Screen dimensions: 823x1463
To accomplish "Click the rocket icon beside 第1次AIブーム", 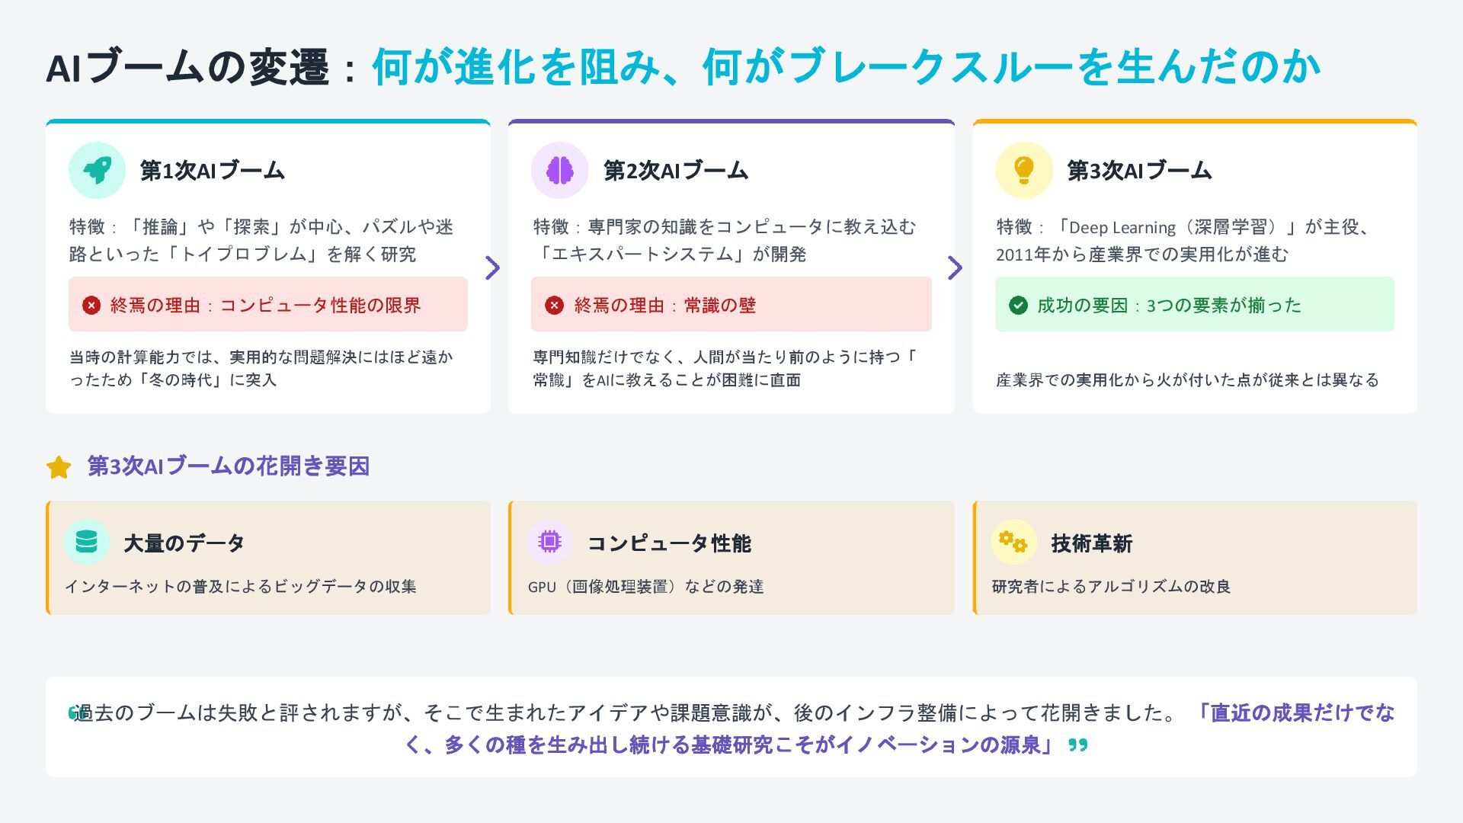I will (97, 170).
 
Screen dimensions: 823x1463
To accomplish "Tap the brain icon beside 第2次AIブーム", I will (559, 170).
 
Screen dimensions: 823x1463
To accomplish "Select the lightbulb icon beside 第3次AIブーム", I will (1024, 170).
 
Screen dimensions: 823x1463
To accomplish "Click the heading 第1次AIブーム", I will (212, 171).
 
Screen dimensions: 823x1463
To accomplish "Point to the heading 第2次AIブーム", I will (675, 171).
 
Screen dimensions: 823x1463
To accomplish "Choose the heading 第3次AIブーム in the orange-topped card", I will (1138, 171).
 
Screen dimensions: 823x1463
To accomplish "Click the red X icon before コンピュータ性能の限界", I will (91, 306).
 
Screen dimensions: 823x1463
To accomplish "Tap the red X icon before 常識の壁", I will (554, 306).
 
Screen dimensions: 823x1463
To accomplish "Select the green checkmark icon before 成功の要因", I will (1018, 306).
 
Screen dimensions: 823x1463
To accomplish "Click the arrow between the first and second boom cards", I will (493, 267).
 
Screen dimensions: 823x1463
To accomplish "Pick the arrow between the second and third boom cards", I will (956, 267).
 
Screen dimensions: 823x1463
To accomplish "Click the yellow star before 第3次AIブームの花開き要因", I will (59, 467).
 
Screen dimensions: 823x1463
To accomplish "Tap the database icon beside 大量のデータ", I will (87, 542).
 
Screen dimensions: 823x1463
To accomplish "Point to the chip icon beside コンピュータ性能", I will (549, 542).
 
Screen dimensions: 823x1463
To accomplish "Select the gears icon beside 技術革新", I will (1013, 542).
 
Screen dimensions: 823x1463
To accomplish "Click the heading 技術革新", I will (1091, 543).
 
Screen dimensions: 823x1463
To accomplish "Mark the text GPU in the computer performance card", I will (542, 587).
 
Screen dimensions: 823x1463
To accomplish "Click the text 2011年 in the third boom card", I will (1023, 255).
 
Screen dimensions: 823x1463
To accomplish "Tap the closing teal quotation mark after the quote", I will (1077, 745).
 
